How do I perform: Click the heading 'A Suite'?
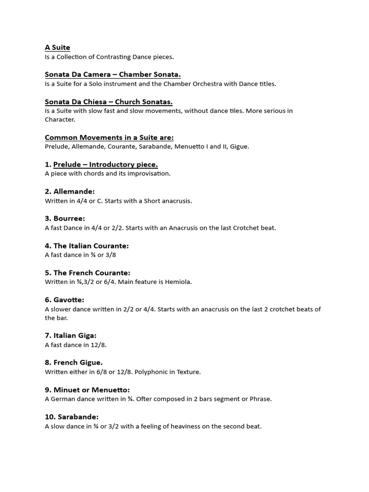[57, 48]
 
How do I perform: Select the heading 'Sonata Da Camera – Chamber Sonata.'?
[112, 74]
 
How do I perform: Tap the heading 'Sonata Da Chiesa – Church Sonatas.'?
[109, 102]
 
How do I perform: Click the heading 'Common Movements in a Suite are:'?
[109, 137]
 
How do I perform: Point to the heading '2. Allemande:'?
[70, 192]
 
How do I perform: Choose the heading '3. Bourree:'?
[65, 219]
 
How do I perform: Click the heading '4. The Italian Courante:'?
[86, 246]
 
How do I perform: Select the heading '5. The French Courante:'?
[87, 273]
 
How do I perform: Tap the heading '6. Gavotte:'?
[64, 300]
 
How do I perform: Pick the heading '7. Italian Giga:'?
[71, 336]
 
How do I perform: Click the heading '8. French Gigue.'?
[74, 363]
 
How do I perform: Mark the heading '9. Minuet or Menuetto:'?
[87, 390]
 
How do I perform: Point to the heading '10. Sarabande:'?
[72, 417]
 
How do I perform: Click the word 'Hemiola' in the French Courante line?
[178, 282]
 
